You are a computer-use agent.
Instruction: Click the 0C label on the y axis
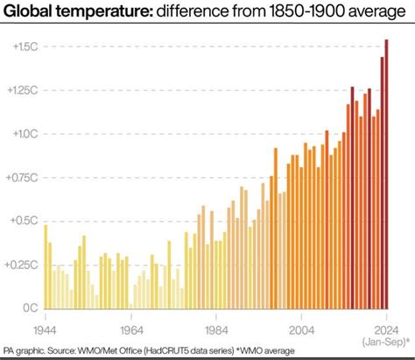29,308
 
